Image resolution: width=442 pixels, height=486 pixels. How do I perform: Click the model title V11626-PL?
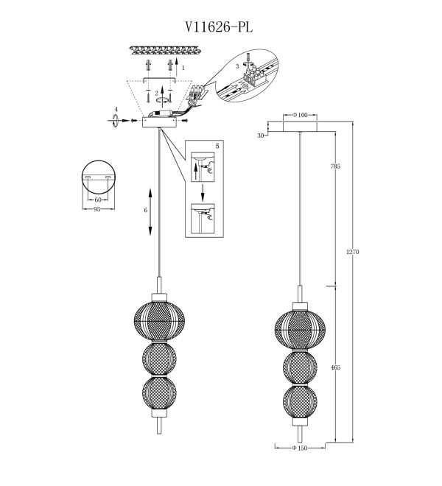tap(219, 27)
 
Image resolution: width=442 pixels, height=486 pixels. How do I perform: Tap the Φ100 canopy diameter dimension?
tap(300, 115)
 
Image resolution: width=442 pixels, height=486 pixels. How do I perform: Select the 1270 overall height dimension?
tap(353, 252)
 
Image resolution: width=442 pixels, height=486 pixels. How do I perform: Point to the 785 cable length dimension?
tap(335, 166)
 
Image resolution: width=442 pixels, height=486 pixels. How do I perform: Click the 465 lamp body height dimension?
tap(335, 367)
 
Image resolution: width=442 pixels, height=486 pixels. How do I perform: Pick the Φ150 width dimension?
tap(300, 448)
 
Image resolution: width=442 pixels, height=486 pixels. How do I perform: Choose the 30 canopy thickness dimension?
tap(261, 135)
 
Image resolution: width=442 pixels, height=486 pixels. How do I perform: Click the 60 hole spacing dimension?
tap(98, 200)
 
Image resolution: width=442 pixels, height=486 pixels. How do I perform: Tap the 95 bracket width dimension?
tap(97, 209)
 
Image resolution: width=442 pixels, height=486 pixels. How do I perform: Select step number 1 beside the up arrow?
tap(183, 67)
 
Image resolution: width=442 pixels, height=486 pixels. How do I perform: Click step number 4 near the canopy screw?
tap(116, 109)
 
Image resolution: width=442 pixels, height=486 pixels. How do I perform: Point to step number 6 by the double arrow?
tap(145, 210)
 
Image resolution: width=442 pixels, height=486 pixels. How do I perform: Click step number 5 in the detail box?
tap(217, 146)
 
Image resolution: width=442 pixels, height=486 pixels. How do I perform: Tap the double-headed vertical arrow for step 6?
tap(150, 212)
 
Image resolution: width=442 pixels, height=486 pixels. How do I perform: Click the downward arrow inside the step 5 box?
tap(203, 192)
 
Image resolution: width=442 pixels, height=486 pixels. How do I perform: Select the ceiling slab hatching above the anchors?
tap(165, 51)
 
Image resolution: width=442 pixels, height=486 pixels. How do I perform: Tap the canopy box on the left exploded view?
tap(159, 122)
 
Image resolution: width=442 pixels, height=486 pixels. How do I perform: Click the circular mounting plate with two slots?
tap(98, 177)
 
